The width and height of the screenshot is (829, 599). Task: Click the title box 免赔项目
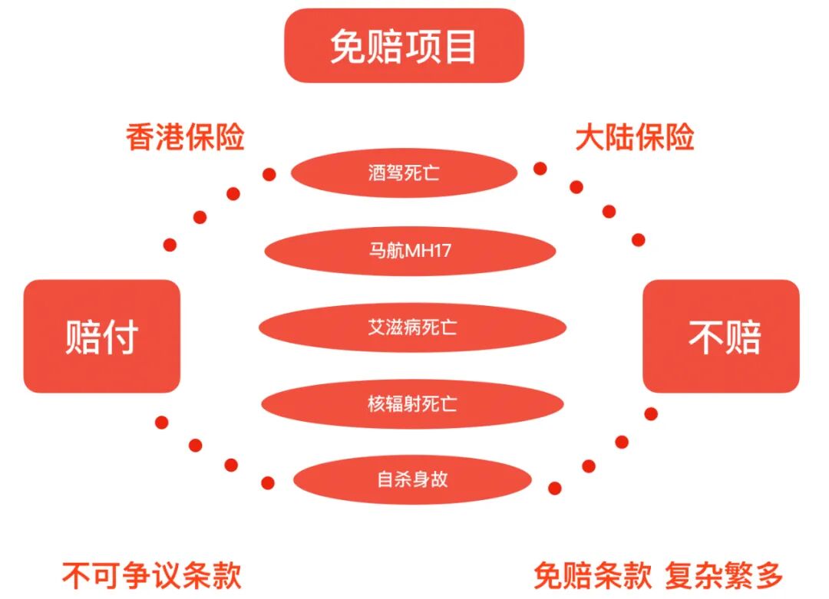coord(404,45)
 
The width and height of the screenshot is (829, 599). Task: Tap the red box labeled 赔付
coord(101,336)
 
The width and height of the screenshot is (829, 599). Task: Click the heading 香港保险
coord(185,138)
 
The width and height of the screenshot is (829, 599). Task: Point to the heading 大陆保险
coord(635,138)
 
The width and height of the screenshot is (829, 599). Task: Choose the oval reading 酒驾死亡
coord(404,173)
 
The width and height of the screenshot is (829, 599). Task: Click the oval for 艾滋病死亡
coord(412,327)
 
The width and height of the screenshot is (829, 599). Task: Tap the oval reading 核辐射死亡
coord(412,403)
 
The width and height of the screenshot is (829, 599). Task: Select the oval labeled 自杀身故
coord(412,480)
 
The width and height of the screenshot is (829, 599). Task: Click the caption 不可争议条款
coord(152,575)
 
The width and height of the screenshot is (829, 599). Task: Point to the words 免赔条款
coord(593,575)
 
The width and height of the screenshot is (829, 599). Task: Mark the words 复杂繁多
coord(724,575)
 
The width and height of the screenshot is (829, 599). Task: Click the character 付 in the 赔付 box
coord(121,337)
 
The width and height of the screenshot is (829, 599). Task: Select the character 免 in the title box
coord(348,47)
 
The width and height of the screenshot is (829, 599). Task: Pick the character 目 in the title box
coord(460,47)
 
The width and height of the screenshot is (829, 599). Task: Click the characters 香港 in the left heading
coord(155,138)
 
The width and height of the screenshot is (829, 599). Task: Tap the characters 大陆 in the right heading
coord(605,138)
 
